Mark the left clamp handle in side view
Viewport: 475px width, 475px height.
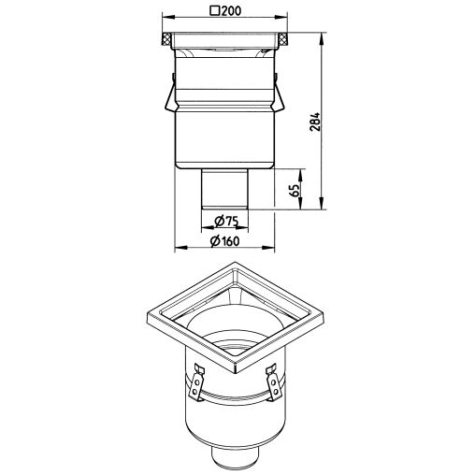point(170,94)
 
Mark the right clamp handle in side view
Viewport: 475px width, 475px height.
point(279,94)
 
